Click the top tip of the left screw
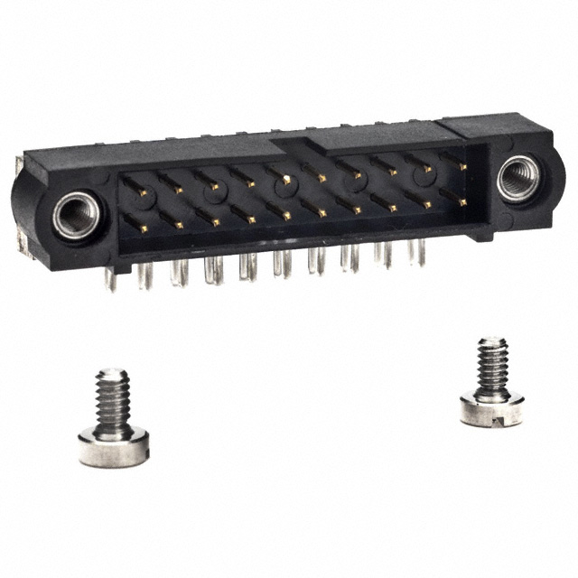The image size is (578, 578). [113, 371]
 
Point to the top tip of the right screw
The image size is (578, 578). [492, 341]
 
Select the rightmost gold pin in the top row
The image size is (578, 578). [462, 166]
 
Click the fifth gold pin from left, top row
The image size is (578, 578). [285, 181]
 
